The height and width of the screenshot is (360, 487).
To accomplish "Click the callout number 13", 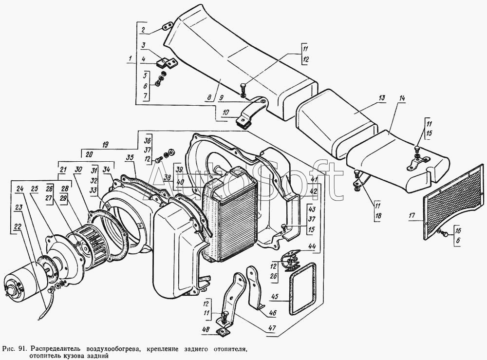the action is click(381, 98).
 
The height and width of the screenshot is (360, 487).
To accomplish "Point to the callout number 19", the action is click(105, 144).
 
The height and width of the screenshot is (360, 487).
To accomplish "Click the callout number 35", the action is click(130, 157).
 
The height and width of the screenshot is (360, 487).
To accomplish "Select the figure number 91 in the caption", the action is click(22, 348).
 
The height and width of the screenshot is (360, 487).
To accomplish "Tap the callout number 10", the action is click(226, 112).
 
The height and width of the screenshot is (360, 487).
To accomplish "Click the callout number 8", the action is click(209, 97).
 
